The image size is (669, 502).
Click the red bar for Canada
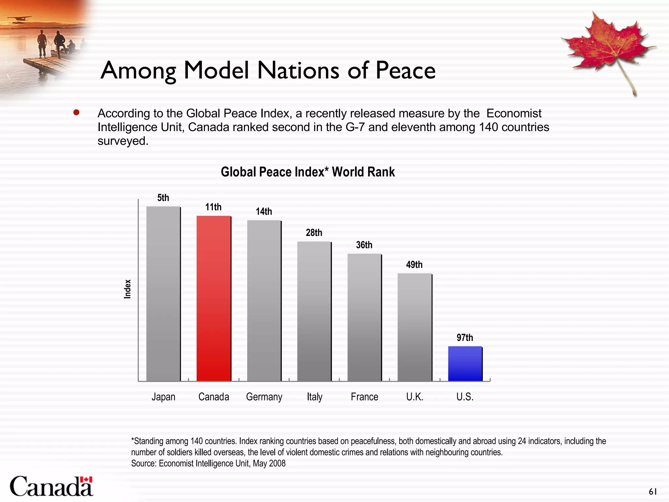pyautogui.click(x=214, y=298)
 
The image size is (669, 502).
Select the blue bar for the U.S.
pyautogui.click(x=465, y=363)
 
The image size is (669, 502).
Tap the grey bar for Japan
pyautogui.click(x=163, y=293)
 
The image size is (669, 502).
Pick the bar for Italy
pyautogui.click(x=314, y=311)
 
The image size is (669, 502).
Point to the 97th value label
pyautogui.click(x=465, y=338)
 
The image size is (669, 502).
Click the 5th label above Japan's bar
pyautogui.click(x=163, y=198)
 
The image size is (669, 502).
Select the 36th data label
pyautogui.click(x=364, y=245)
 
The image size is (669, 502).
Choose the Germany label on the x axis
pyautogui.click(x=264, y=397)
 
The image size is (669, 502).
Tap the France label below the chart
pyautogui.click(x=364, y=397)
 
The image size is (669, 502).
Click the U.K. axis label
pyautogui.click(x=415, y=397)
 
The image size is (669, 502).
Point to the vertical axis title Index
pyautogui.click(x=127, y=289)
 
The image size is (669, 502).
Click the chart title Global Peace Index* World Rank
pyautogui.click(x=308, y=172)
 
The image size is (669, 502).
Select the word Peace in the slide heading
pyautogui.click(x=405, y=70)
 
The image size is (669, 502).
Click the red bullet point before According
pyautogui.click(x=76, y=113)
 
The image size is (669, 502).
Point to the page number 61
pyautogui.click(x=653, y=492)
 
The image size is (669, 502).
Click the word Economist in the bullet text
pyautogui.click(x=514, y=113)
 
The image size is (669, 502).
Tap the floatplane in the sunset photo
pyautogui.click(x=19, y=19)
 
